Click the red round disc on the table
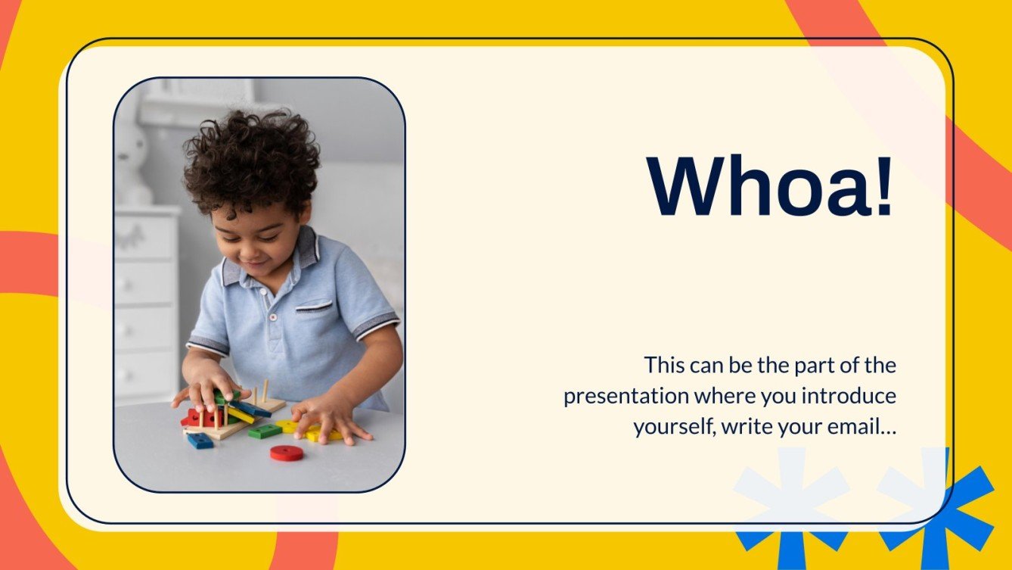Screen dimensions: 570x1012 287,453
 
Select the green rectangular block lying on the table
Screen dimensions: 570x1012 265,431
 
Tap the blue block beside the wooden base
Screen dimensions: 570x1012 200,441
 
